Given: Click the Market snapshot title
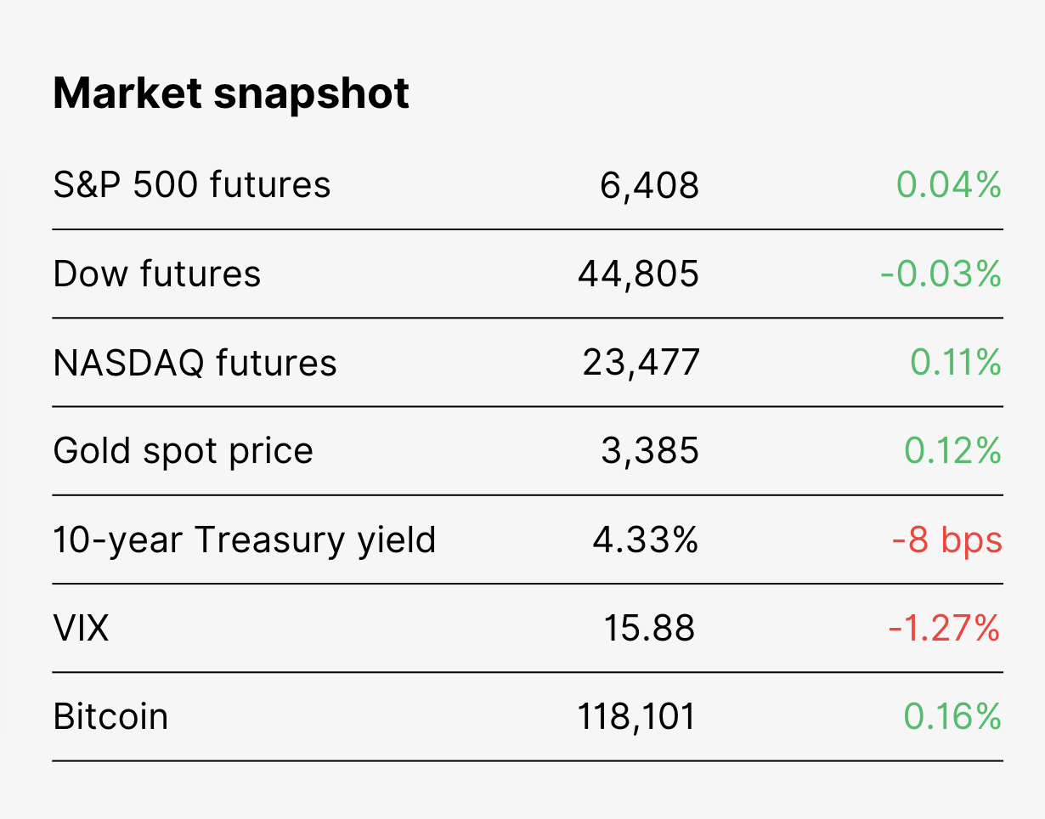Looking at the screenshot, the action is [231, 94].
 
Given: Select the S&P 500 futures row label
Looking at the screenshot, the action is [192, 184].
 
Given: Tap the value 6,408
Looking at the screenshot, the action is [649, 185].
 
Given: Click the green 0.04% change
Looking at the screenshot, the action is [949, 184].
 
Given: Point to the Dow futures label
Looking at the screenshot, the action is [157, 274].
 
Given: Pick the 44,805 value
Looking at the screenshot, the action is [638, 274].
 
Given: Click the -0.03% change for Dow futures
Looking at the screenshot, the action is [941, 274].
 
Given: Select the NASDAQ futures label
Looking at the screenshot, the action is [195, 363].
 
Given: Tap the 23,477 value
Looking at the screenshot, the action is [641, 363].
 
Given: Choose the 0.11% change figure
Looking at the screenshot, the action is [956, 362].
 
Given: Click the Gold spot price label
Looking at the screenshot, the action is [183, 452].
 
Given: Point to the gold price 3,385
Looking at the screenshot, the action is [650, 451].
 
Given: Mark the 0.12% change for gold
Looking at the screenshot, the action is [953, 450].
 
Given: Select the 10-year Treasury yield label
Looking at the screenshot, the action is [245, 540].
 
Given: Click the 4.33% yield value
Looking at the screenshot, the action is [646, 539].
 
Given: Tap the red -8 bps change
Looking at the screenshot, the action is [947, 540].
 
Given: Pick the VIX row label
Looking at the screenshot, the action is [81, 628].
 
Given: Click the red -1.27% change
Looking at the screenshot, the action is [945, 628].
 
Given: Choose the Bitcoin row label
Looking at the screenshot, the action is [110, 716].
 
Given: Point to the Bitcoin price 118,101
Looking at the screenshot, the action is [636, 717].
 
